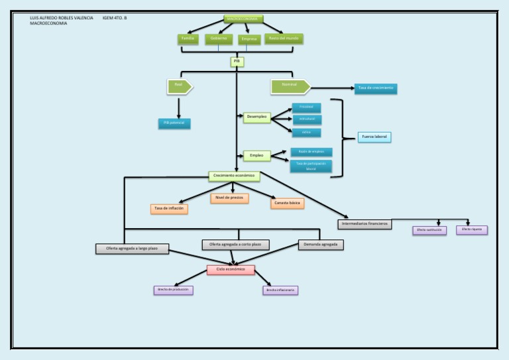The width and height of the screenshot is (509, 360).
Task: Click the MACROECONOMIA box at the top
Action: pos(243,19)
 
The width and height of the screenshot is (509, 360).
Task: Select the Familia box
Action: pos(188,38)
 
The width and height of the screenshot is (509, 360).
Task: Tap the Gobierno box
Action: pos(219,38)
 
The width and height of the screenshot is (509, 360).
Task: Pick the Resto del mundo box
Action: pos(283,38)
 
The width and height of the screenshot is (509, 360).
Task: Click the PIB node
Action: pos(237,62)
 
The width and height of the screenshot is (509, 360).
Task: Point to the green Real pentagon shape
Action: pos(179,86)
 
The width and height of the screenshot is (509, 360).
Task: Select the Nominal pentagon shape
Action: pos(290,86)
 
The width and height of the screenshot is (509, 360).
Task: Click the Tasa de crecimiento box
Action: pos(376,88)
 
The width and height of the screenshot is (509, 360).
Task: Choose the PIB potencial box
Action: pos(174,123)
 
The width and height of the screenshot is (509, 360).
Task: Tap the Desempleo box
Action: pos(256,117)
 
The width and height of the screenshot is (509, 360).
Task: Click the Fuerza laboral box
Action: pos(374,137)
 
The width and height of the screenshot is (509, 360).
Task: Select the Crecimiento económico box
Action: pos(234,176)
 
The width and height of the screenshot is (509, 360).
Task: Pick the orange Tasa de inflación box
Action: pos(169,209)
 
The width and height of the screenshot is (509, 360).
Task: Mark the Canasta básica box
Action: pos(287,203)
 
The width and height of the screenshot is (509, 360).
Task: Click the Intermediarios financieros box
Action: pos(365,224)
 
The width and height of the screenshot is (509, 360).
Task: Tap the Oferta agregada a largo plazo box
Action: pos(132,249)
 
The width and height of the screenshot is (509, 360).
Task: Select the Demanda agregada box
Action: pos(321,245)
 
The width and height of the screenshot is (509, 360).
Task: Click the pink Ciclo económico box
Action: pos(231,270)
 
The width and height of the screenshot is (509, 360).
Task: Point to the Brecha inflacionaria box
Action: pos(280,290)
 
